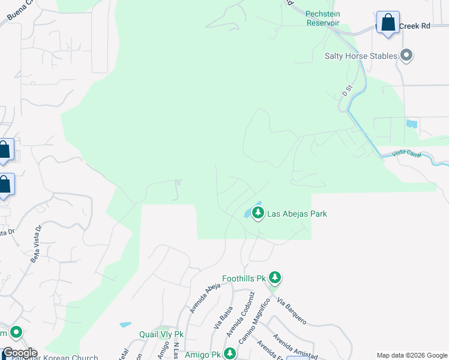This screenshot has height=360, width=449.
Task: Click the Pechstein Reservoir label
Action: coord(323,18)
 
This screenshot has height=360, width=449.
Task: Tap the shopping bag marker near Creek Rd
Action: coord(388,23)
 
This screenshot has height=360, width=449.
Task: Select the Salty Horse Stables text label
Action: coord(361,56)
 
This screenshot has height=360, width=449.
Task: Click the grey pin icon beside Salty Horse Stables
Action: coord(406,56)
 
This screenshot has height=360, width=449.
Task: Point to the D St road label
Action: coord(346,91)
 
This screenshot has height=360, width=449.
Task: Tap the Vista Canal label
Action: coord(406,154)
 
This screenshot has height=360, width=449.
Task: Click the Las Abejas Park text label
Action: coord(297,214)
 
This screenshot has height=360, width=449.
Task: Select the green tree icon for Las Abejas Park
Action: coord(258,212)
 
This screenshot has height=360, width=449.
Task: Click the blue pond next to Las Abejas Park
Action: coord(247,212)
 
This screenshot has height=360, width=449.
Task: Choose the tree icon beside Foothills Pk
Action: coord(275,277)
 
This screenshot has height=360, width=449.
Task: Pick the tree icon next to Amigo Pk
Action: coord(229,354)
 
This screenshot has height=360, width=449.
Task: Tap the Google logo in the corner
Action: coord(19,353)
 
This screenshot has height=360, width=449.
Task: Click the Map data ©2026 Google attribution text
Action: coord(411,355)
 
